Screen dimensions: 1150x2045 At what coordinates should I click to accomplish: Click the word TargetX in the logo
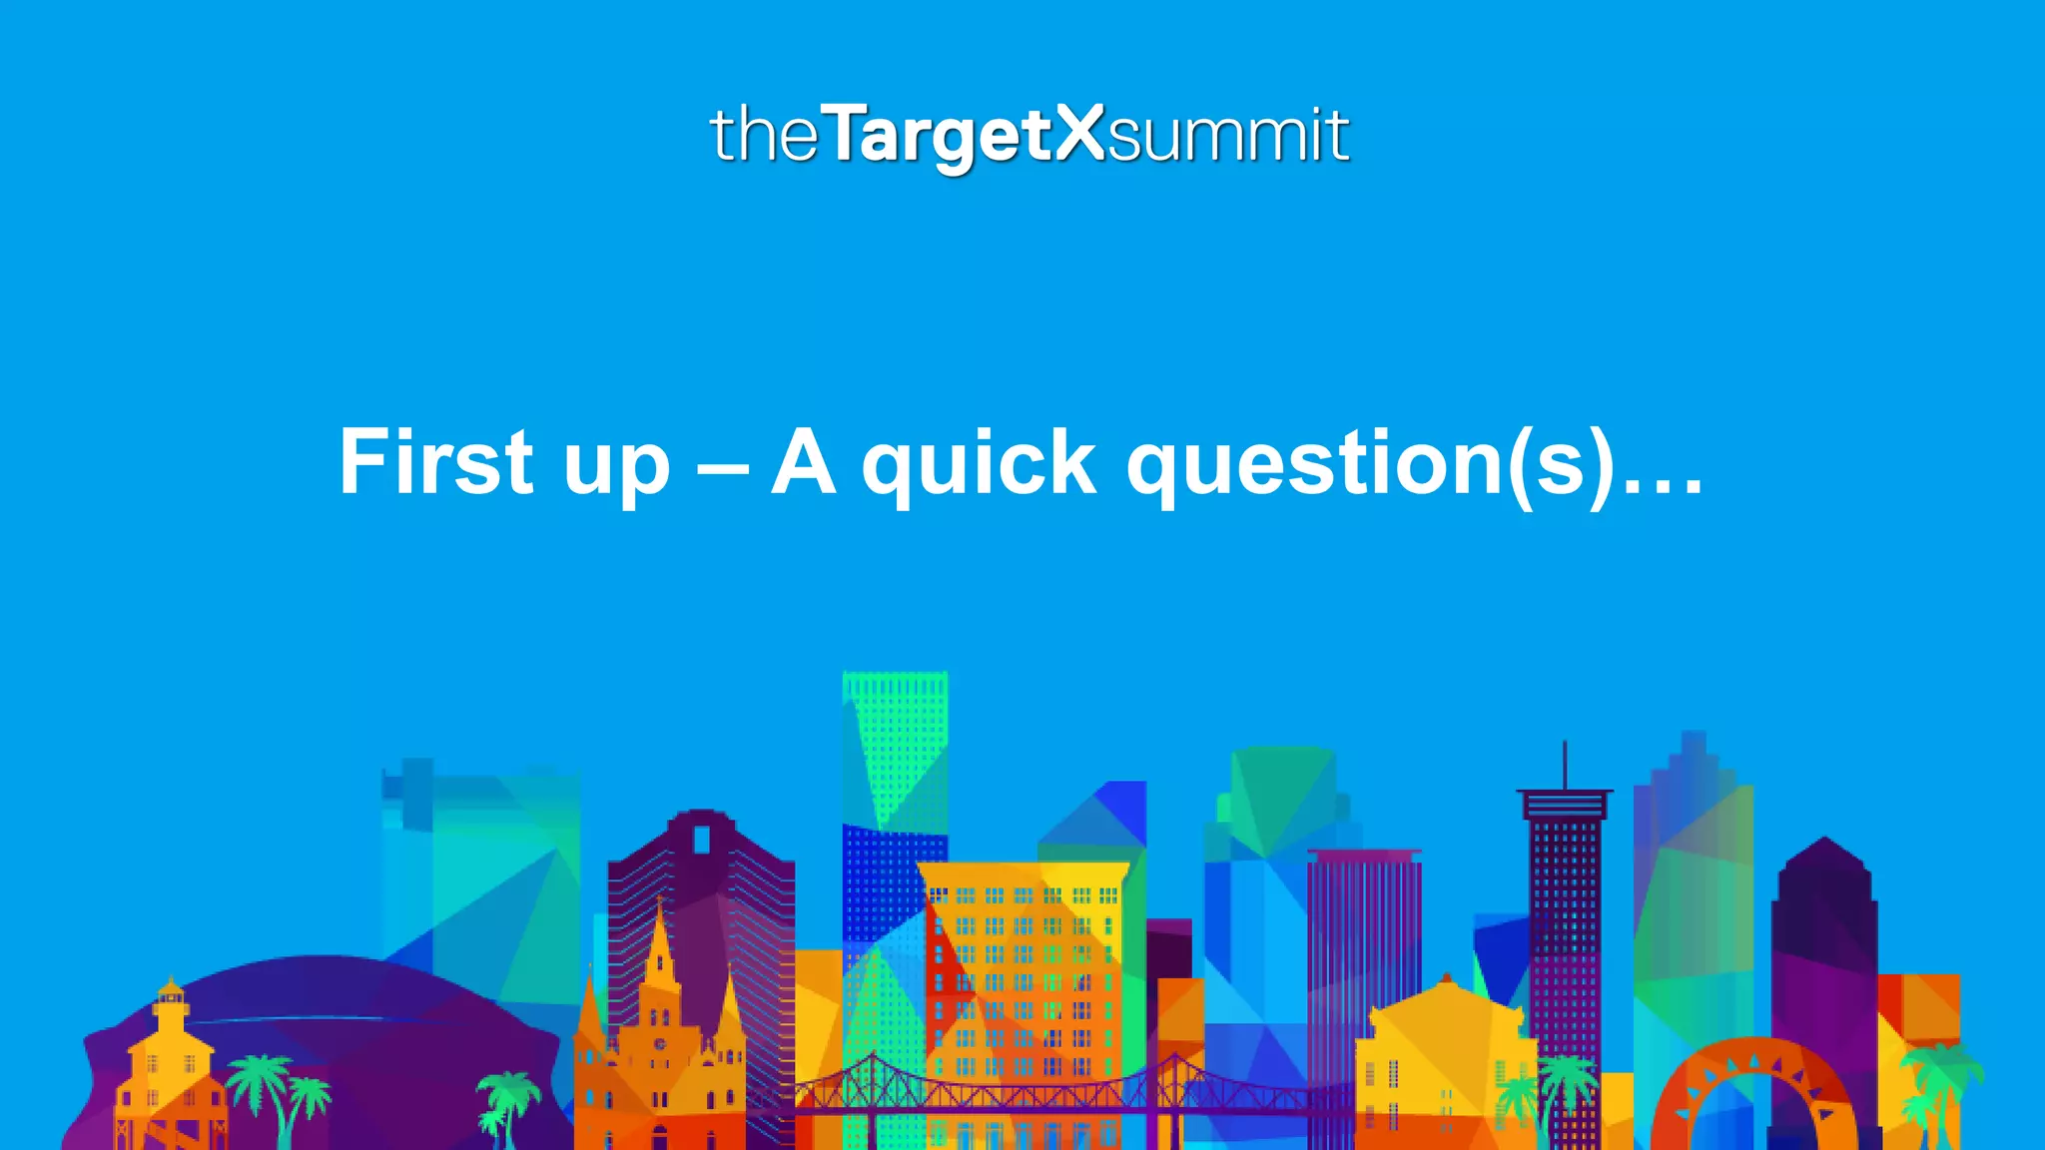(965, 135)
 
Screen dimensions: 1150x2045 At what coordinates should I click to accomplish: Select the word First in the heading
(435, 461)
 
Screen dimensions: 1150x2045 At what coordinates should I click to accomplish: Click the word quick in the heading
(979, 463)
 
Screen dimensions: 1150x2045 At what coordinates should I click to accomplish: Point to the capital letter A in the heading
(803, 461)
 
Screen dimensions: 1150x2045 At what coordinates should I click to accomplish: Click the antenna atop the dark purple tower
(1564, 764)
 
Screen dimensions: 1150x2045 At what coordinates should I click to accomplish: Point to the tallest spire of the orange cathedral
(659, 933)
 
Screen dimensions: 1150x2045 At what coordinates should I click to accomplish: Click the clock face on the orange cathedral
(660, 1044)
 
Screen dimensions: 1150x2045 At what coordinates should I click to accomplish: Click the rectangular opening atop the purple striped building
(702, 839)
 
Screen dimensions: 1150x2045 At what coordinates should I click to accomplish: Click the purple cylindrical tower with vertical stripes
(1364, 948)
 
